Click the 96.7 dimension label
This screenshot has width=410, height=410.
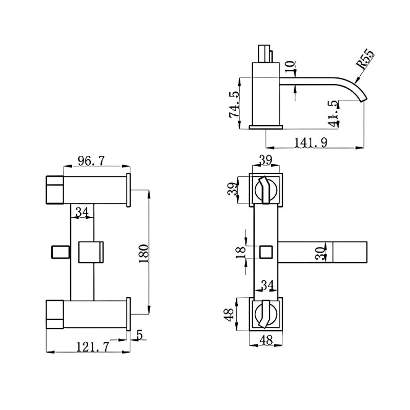tap(91, 161)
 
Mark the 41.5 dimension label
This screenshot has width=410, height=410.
tap(334, 113)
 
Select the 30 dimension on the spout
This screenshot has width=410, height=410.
tap(320, 252)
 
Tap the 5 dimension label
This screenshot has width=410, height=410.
tap(139, 335)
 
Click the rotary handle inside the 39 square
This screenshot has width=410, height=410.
tap(265, 190)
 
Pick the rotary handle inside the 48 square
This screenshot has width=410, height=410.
tap(265, 313)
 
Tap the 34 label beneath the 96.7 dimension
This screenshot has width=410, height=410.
tap(83, 211)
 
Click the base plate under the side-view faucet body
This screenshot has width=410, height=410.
tap(265, 126)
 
